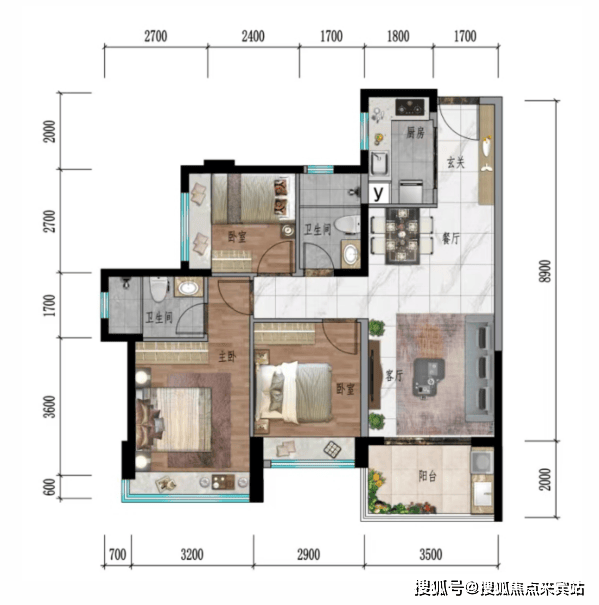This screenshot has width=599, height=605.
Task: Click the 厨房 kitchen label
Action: pos(415,133)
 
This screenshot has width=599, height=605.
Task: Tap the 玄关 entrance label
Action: pos(456,162)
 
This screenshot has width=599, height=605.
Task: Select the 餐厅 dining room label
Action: pos(450,238)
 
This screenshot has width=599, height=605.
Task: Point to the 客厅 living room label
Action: pos(394,375)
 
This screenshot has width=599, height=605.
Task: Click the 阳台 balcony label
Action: pos(428,477)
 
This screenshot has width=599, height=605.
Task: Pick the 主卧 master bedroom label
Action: pos(227,357)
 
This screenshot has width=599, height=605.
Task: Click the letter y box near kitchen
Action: pos(379,193)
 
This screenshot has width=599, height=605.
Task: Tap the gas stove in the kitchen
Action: pos(411,107)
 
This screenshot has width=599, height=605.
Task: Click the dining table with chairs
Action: pos(402,236)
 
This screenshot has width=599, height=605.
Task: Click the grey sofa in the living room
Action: pos(479,368)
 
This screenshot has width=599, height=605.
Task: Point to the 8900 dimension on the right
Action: pos(545,271)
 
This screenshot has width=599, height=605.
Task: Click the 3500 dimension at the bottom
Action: pos(431,555)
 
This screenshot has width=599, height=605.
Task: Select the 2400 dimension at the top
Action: pos(253,36)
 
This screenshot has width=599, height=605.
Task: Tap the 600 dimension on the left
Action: pos(50,487)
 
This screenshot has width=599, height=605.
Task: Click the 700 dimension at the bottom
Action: pos(118,555)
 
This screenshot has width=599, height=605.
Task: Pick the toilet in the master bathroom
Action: pos(159,289)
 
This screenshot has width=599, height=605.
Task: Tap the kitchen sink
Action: pos(379,164)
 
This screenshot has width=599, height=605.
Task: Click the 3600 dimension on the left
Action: pos(50,407)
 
